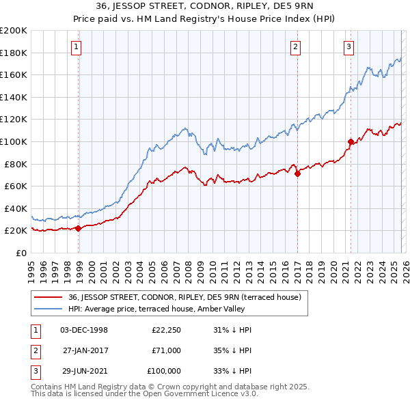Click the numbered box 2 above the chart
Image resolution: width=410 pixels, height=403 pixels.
[295, 47]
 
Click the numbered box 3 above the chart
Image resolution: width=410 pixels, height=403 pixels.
[348, 47]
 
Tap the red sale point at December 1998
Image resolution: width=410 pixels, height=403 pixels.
[79, 228]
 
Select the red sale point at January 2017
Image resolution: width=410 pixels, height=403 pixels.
[298, 174]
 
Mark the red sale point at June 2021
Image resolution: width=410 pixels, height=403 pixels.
[351, 142]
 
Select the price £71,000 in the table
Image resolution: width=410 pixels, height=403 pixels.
[166, 350]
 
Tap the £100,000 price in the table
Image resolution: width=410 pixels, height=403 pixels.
[164, 371]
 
